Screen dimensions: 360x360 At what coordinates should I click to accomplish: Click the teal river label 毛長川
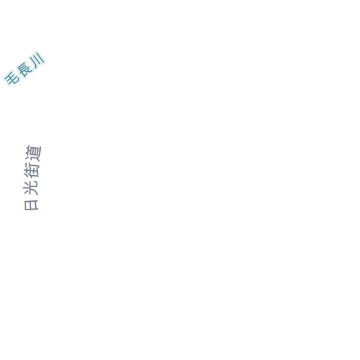pyautogui.click(x=25, y=68)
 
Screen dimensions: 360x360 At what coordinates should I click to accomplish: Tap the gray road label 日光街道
pyautogui.click(x=32, y=178)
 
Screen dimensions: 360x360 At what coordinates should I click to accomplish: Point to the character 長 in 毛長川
pyautogui.click(x=25, y=68)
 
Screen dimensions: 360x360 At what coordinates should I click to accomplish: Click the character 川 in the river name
pyautogui.click(x=37, y=58)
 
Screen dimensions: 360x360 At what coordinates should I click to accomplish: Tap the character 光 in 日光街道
pyautogui.click(x=31, y=188)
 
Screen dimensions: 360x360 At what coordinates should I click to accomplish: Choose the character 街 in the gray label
pyautogui.click(x=32, y=170)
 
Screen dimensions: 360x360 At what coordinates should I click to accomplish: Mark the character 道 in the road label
pyautogui.click(x=33, y=153)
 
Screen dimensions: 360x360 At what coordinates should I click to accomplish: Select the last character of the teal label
pyautogui.click(x=37, y=58)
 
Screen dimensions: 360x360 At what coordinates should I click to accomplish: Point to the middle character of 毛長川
pyautogui.click(x=25, y=68)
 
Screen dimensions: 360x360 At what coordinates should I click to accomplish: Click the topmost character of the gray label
pyautogui.click(x=33, y=153)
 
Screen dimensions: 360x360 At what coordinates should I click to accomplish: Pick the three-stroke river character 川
pyautogui.click(x=37, y=58)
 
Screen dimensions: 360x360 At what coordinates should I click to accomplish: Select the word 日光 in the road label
pyautogui.click(x=31, y=195)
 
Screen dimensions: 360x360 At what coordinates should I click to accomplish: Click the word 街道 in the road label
pyautogui.click(x=32, y=162)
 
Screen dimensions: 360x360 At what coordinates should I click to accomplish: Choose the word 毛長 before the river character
pyautogui.click(x=18, y=73)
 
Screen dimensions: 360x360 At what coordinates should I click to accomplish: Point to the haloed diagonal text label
pyautogui.click(x=25, y=68)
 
